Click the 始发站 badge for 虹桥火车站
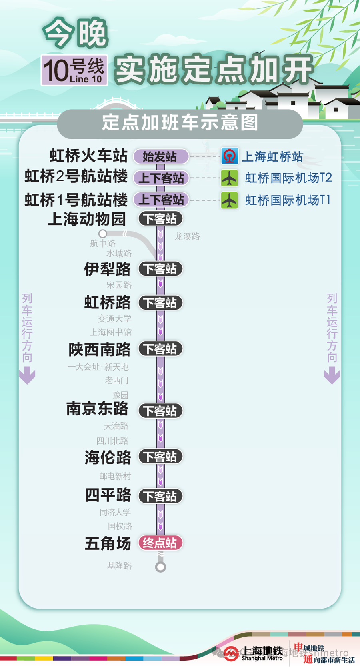[160, 156]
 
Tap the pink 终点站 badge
[160, 543]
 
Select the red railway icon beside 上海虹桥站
[230, 156]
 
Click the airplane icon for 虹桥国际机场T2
[230, 178]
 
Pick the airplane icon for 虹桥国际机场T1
[230, 200]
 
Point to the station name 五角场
[108, 543]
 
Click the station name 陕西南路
[100, 349]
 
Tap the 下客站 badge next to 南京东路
[160, 411]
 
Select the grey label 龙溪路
[187, 236]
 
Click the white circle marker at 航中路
[103, 234]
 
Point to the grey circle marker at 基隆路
[160, 567]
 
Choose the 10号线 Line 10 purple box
[74, 70]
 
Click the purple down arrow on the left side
[27, 376]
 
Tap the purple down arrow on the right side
[332, 376]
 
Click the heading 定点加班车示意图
[180, 123]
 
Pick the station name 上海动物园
[87, 219]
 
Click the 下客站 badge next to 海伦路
[160, 457]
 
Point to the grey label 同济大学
[115, 512]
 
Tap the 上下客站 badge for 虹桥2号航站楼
[161, 178]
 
